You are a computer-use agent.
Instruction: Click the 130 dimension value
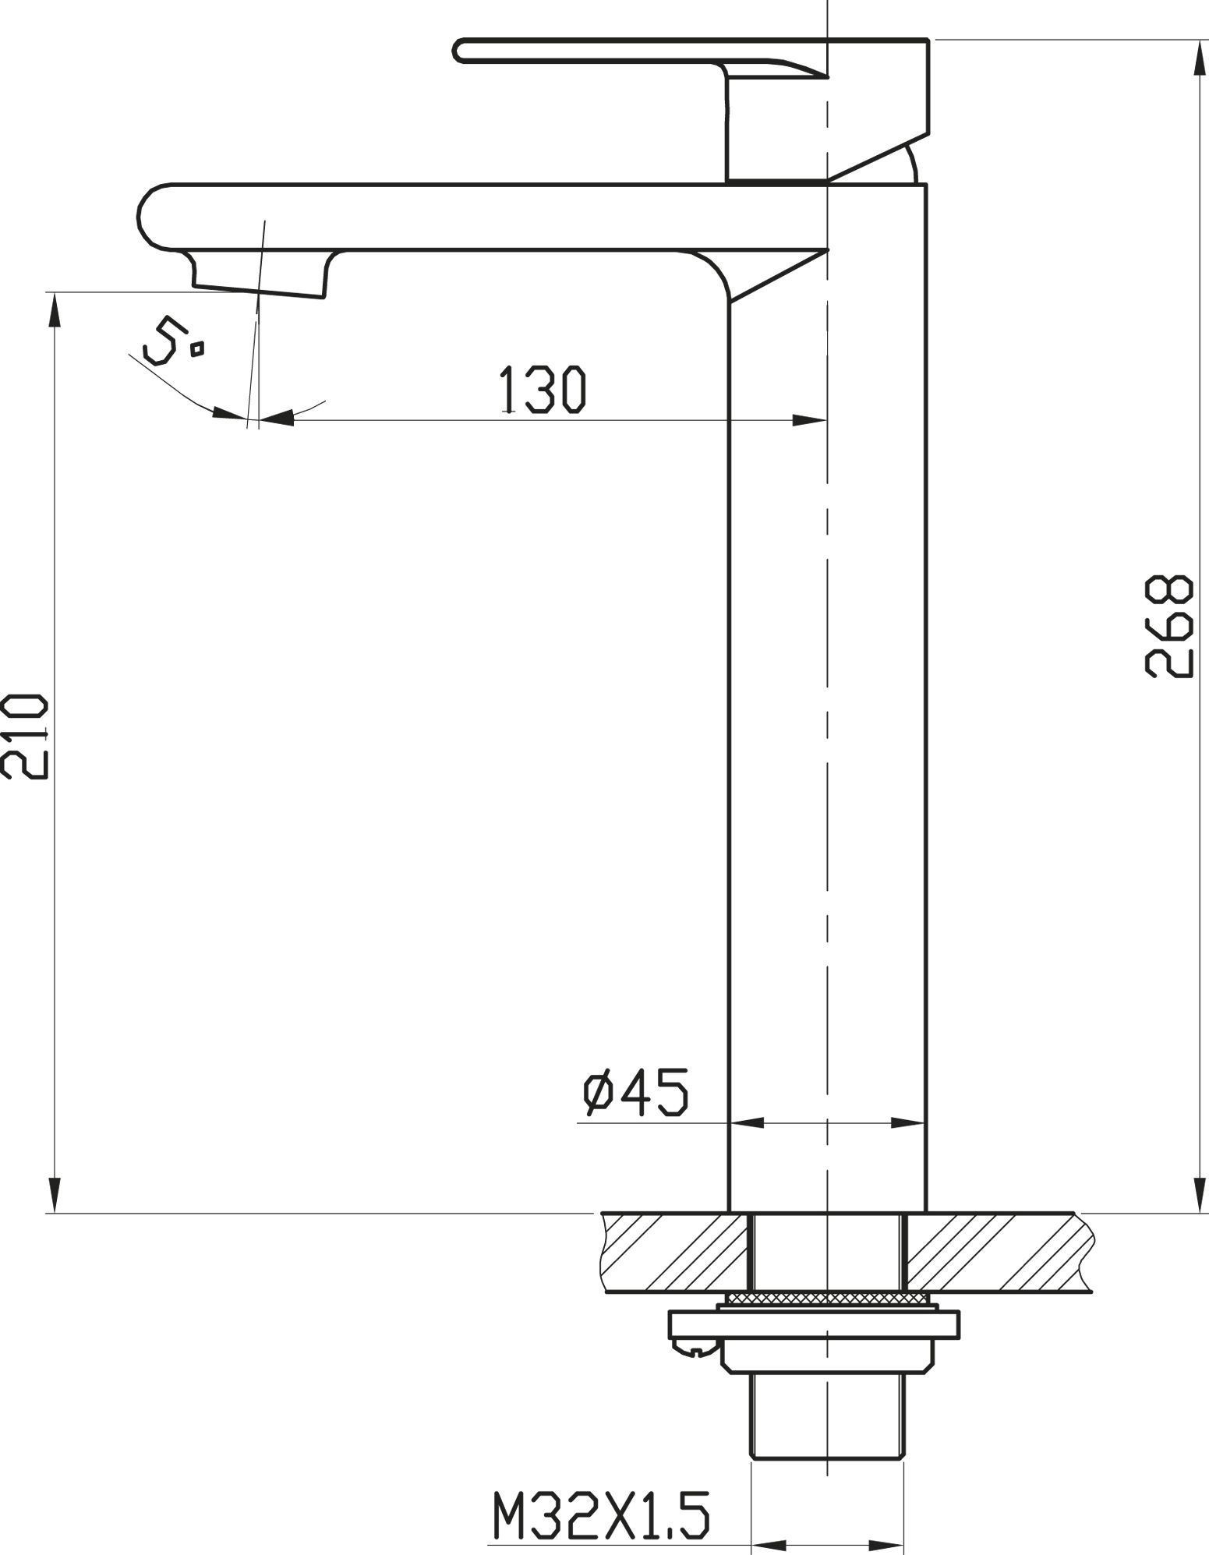543,389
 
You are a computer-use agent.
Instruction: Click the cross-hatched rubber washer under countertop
827,1297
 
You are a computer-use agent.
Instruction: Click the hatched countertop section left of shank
674,1251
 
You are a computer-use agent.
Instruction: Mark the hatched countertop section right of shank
994,1251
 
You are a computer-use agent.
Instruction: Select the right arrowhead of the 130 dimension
811,421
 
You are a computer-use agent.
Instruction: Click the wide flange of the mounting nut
813,1324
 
